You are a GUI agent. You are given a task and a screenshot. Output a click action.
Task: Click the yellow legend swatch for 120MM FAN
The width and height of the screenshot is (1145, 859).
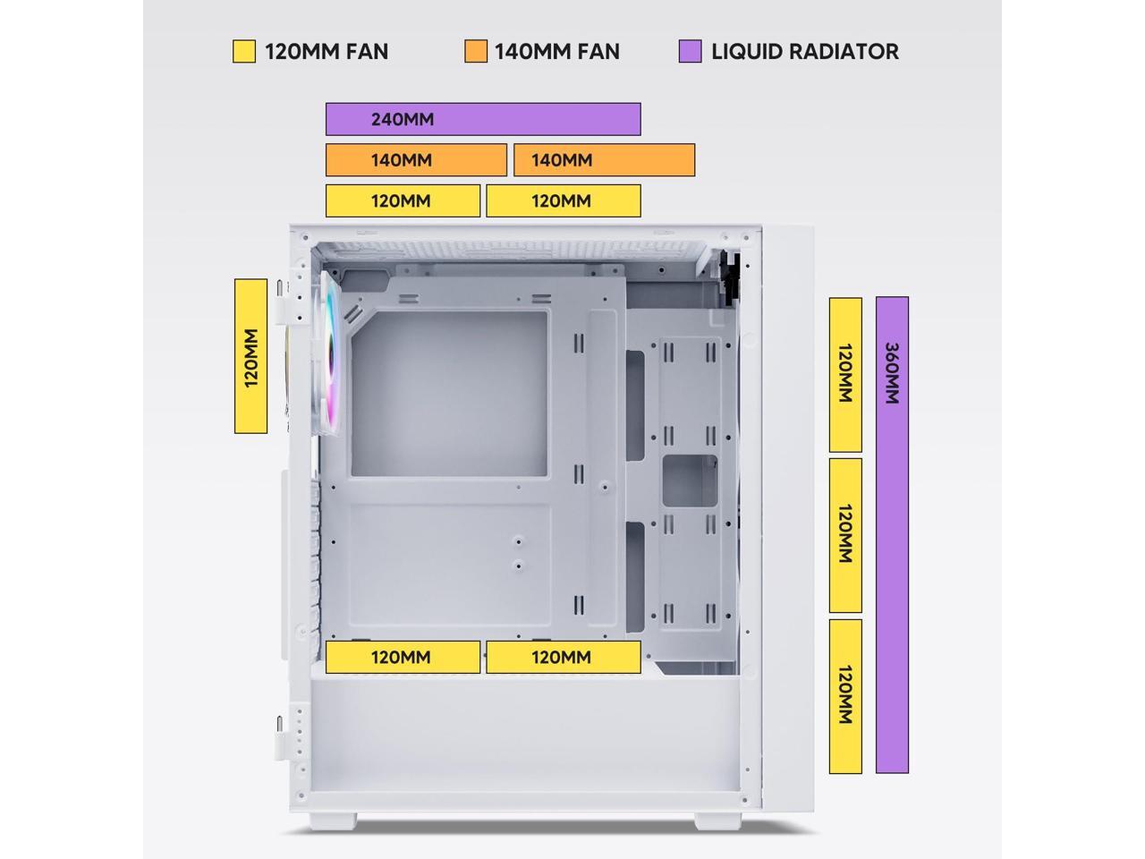click(244, 51)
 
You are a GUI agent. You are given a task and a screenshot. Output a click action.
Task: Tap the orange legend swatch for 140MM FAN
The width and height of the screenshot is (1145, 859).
click(476, 51)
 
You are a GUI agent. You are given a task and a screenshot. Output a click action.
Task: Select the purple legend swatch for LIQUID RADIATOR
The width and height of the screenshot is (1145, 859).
click(690, 51)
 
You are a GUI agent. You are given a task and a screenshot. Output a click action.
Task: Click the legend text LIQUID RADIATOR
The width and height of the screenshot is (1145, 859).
click(805, 51)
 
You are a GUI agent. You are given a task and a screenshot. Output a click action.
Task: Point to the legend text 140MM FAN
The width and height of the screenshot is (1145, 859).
click(557, 51)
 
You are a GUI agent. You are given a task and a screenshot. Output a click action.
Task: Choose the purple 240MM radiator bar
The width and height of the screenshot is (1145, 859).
click(483, 119)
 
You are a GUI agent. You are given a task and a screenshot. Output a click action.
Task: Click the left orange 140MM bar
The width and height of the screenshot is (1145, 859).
click(416, 160)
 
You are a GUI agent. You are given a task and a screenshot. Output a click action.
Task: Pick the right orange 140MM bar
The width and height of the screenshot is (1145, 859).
click(604, 160)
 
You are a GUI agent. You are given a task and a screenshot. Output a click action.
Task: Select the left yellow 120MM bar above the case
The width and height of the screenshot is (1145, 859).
click(403, 200)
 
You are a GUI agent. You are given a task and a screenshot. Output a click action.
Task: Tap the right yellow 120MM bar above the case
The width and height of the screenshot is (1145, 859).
click(564, 200)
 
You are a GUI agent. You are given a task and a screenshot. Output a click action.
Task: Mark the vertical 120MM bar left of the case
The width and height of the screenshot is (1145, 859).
click(250, 356)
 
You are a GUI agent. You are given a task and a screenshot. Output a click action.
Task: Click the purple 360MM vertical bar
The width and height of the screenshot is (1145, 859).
click(892, 534)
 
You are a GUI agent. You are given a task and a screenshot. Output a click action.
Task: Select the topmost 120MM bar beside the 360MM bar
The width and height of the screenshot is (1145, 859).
click(845, 374)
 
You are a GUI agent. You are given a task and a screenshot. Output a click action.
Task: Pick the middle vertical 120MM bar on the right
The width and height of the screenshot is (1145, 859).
click(845, 534)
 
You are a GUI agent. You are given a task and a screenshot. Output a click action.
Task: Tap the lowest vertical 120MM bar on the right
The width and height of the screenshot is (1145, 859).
click(845, 695)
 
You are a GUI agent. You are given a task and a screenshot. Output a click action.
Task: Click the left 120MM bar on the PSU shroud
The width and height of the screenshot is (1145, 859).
click(403, 657)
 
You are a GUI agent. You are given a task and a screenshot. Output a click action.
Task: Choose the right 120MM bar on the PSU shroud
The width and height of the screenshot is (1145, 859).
click(564, 657)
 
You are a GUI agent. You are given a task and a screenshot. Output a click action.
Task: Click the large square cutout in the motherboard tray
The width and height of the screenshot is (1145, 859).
click(449, 394)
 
